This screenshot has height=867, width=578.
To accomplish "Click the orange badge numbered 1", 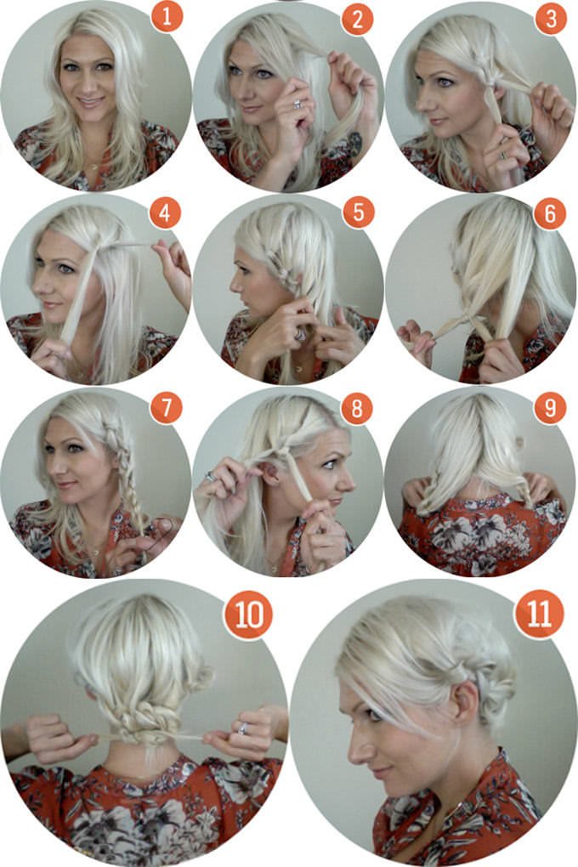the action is click(x=167, y=18).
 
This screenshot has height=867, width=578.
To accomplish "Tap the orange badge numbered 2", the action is click(x=357, y=19).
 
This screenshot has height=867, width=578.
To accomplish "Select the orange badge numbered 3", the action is click(x=551, y=19).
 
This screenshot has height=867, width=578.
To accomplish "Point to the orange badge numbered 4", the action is click(x=165, y=212).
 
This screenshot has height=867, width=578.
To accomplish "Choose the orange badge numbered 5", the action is click(x=358, y=212).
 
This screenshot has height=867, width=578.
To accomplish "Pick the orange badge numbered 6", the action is click(x=550, y=213).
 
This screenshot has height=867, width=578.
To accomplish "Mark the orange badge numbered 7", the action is click(x=166, y=408).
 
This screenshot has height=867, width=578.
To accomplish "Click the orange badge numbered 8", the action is click(x=357, y=409).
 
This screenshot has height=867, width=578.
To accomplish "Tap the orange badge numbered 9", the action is click(x=550, y=408).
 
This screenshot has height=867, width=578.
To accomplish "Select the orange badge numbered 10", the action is click(x=248, y=615).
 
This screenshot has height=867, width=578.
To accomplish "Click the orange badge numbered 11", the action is click(x=539, y=613).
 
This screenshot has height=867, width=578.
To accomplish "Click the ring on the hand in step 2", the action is click(x=297, y=104).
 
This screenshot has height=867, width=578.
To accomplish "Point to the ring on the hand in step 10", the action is click(x=243, y=728).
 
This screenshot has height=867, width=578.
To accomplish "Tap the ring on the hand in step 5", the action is click(x=301, y=335).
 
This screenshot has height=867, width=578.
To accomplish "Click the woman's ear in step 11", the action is click(x=466, y=701).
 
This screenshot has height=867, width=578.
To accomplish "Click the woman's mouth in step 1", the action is click(x=90, y=102).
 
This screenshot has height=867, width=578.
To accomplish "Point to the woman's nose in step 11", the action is click(x=355, y=749).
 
